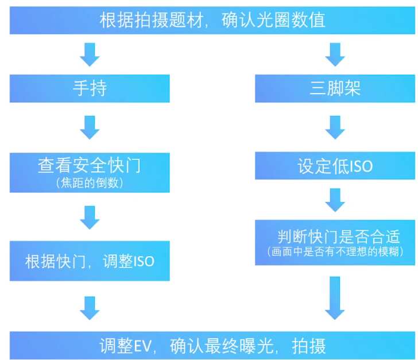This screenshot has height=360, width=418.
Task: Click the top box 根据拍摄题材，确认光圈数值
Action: [209, 21]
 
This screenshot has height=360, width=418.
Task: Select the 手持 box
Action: [90, 88]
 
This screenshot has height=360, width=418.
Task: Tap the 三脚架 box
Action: [335, 88]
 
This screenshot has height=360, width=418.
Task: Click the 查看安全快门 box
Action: [90, 172]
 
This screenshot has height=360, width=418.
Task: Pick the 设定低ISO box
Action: [335, 167]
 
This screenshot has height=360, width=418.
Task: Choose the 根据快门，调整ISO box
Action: [90, 261]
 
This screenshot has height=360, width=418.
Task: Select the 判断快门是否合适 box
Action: [335, 241]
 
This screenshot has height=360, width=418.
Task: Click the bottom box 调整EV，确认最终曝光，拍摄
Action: [209, 346]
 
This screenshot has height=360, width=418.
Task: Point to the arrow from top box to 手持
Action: [90, 54]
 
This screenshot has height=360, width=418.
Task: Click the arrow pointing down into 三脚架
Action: [335, 54]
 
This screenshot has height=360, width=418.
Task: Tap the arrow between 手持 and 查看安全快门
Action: [90, 127]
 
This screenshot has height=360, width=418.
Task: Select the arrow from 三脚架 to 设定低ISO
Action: [335, 127]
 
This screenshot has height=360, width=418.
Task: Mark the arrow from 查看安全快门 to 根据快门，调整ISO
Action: [90, 217]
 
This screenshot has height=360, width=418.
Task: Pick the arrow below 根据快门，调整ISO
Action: [90, 307]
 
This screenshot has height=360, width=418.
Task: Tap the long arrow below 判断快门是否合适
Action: [335, 297]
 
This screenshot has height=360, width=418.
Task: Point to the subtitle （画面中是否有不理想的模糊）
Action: [335, 252]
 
